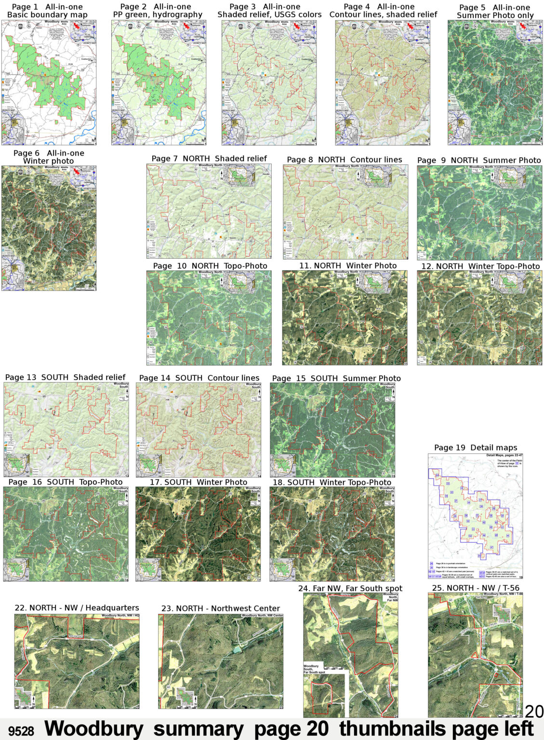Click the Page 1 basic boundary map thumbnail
coord(49,82)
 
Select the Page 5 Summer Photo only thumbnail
coord(495,82)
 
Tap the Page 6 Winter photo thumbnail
coord(49,228)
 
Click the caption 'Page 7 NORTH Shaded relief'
coord(209,159)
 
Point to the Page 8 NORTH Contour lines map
coord(345,211)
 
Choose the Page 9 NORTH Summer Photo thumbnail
coord(479,212)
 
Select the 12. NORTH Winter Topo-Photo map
coord(479,317)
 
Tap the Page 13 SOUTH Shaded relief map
coord(66,429)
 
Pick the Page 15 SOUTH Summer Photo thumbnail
coord(332,430)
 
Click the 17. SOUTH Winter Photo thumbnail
coord(198,534)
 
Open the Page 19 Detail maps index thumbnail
coord(475,516)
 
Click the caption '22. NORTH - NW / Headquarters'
coord(77,608)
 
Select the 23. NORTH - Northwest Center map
coord(221,661)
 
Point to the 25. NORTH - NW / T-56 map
coord(475,655)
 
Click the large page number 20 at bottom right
coord(534,711)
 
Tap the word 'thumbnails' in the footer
coord(389,729)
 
